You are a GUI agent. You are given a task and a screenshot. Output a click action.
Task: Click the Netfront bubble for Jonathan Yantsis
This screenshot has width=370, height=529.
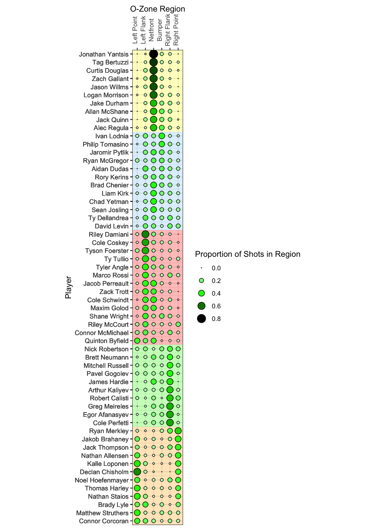(154, 54)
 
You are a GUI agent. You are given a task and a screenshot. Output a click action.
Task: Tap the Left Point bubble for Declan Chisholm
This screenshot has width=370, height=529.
(137, 472)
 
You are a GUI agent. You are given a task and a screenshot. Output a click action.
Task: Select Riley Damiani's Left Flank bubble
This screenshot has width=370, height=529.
(145, 234)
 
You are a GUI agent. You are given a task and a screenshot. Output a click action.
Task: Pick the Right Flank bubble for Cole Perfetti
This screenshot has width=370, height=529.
(170, 422)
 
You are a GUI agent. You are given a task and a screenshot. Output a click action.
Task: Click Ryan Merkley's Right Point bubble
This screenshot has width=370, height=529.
(178, 431)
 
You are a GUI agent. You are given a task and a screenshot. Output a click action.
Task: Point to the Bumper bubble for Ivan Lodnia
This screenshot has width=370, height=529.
(162, 136)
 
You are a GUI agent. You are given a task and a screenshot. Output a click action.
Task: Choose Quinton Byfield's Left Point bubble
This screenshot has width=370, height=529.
(137, 341)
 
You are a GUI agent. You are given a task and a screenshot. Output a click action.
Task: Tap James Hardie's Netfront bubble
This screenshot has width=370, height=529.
(154, 382)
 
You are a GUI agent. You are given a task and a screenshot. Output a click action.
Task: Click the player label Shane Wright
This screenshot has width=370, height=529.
(109, 316)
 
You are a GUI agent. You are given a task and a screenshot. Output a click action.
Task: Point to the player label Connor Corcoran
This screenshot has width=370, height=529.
(104, 521)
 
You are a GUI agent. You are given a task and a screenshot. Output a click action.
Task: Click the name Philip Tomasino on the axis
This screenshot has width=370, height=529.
(106, 144)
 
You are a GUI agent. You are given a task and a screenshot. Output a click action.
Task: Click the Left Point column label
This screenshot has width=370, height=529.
(135, 30)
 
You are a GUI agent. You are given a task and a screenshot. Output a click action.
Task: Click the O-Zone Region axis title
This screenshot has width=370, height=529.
(157, 9)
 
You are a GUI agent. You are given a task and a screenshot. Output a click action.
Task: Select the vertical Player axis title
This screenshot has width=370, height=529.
(68, 287)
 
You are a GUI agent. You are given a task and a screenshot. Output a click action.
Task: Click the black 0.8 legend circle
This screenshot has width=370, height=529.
(202, 319)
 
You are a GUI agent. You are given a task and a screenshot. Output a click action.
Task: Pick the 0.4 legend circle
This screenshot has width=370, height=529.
(202, 293)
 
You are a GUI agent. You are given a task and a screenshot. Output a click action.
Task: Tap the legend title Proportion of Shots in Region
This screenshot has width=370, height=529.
(248, 254)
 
